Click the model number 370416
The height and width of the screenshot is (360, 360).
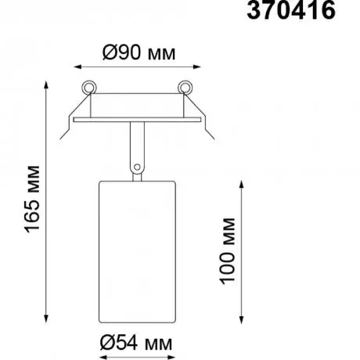(x=291, y=10)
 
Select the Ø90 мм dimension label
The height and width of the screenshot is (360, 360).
(x=139, y=53)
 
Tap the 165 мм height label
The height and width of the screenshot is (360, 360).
(x=32, y=199)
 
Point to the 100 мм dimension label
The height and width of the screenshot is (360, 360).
(x=227, y=251)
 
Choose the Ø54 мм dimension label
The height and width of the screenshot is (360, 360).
(x=136, y=343)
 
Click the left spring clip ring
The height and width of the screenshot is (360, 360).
(x=89, y=87)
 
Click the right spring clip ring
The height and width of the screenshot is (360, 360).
(x=185, y=87)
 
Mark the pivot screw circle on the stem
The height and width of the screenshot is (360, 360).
(x=137, y=167)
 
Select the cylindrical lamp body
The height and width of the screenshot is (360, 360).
(x=137, y=252)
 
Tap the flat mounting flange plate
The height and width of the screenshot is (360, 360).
(x=137, y=120)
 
